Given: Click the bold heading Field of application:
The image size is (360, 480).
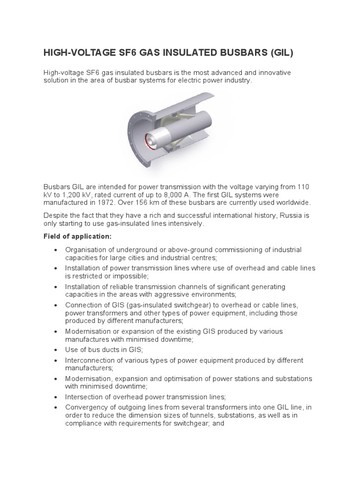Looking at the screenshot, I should [x=77, y=236].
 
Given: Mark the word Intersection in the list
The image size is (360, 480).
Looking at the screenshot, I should [x=85, y=397].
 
